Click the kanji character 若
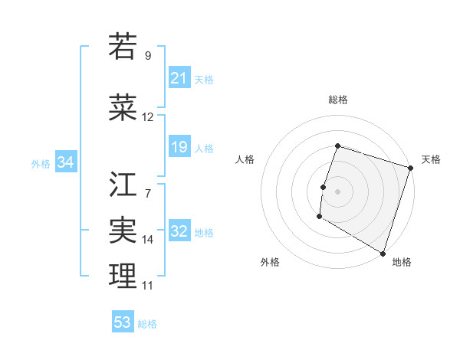(123, 47)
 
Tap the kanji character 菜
(123, 109)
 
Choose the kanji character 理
(123, 277)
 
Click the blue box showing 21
(179, 78)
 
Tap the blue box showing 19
(179, 147)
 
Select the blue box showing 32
(179, 232)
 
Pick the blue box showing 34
(66, 162)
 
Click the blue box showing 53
(123, 322)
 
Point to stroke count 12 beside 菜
(148, 117)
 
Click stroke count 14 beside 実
(148, 240)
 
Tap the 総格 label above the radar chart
(337, 100)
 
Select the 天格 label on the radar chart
(431, 159)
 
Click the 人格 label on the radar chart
(245, 159)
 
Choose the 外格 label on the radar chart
(270, 262)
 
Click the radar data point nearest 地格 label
(383, 253)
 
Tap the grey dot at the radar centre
(337, 191)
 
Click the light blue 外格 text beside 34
(41, 163)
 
